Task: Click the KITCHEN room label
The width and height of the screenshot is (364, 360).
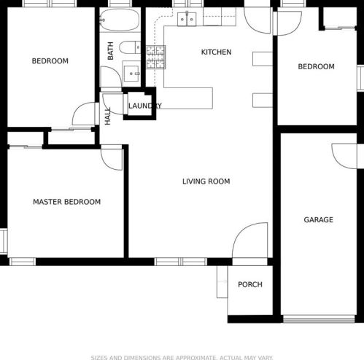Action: point(216,52)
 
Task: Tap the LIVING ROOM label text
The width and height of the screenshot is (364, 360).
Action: point(206,181)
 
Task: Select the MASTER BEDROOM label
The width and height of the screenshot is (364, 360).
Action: point(67,202)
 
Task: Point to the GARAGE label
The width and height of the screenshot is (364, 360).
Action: point(318,220)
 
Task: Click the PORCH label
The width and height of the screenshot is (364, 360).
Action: point(250,284)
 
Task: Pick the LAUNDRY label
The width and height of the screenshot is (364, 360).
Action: point(145,106)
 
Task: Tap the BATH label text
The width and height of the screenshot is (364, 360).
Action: point(110,51)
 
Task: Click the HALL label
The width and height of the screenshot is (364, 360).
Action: point(107,116)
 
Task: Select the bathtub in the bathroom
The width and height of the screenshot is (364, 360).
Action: point(120,20)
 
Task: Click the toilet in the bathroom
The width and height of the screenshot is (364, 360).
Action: point(130,47)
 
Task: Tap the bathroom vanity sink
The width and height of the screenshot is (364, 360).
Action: point(131,74)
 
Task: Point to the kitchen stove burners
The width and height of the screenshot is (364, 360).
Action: point(156,58)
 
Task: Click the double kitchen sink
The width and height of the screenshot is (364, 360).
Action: point(187,19)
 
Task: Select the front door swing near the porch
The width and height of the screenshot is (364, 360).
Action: point(250,240)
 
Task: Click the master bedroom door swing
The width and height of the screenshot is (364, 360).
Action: point(112,157)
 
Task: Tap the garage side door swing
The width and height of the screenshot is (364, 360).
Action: point(344,156)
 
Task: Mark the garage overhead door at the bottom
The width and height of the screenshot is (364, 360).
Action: point(319,319)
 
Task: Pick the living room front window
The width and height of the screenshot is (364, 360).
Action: point(181,262)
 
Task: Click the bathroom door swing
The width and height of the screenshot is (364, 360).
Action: point(111,77)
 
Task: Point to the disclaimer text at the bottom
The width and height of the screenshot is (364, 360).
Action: point(182,357)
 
